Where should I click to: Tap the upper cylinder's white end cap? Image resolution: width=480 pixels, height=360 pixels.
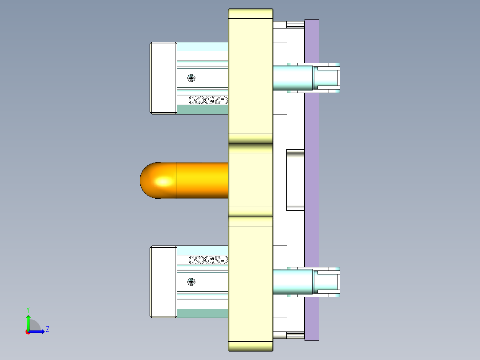point(163,78)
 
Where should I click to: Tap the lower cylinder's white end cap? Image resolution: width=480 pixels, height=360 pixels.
point(163,282)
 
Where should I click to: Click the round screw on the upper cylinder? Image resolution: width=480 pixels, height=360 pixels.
point(191,78)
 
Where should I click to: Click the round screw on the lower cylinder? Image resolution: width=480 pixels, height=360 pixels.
point(191,282)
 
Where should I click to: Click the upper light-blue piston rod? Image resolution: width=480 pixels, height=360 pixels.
point(292,78)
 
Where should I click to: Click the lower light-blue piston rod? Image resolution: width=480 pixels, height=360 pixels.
point(292,282)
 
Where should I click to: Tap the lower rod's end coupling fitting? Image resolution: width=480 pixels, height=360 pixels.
point(327,282)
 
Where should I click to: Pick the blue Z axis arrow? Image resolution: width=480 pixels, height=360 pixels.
point(38,331)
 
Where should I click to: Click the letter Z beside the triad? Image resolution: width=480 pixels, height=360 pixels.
point(47,329)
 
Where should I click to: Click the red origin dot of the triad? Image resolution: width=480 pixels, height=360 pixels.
point(28,332)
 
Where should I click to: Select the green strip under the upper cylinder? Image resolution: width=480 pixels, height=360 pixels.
point(203,110)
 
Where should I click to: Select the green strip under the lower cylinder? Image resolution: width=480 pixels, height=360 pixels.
point(203,313)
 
